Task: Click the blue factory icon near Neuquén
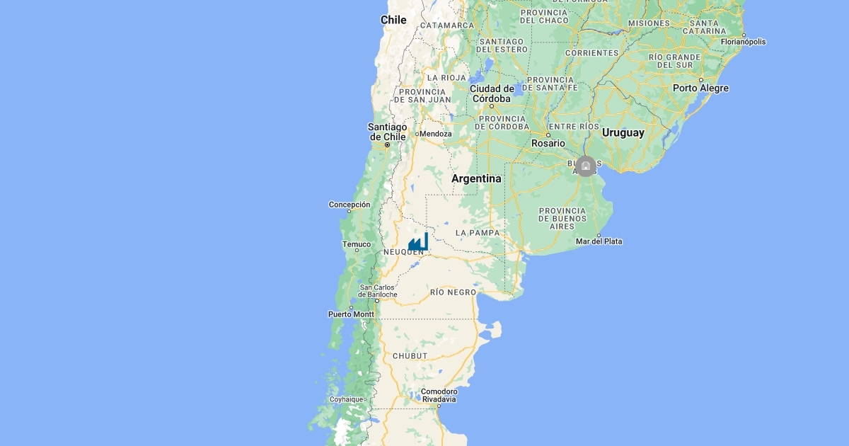click(x=418, y=242)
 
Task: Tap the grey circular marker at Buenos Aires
click(x=585, y=166)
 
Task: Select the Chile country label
click(x=393, y=20)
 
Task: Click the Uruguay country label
click(x=623, y=132)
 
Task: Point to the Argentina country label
click(x=476, y=178)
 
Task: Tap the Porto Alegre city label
click(x=700, y=88)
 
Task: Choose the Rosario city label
click(x=549, y=143)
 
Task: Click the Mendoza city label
click(x=435, y=133)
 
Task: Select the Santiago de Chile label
click(x=387, y=132)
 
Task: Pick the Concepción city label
click(x=350, y=205)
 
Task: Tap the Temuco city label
click(x=357, y=244)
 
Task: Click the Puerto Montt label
click(x=351, y=314)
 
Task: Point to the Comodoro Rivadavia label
click(x=439, y=395)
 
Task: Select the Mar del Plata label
click(x=599, y=241)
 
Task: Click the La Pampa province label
click(x=478, y=232)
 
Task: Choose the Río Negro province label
click(x=453, y=292)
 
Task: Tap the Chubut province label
click(x=410, y=355)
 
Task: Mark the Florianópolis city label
click(x=743, y=42)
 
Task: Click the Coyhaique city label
click(x=347, y=399)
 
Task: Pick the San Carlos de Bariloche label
click(x=379, y=291)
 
